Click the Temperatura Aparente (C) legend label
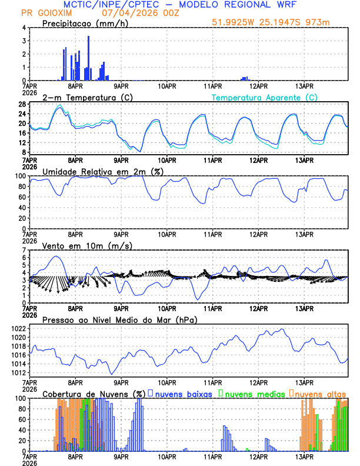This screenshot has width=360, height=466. pyautogui.click(x=265, y=97)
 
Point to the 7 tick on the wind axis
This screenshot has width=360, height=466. pyautogui.click(x=24, y=250)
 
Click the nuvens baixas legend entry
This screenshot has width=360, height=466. pyautogui.click(x=184, y=393)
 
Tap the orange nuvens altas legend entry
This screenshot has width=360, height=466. pyautogui.click(x=320, y=393)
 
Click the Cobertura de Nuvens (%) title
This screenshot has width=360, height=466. pyautogui.click(x=94, y=393)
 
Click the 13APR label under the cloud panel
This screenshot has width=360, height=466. pyautogui.click(x=304, y=457)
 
